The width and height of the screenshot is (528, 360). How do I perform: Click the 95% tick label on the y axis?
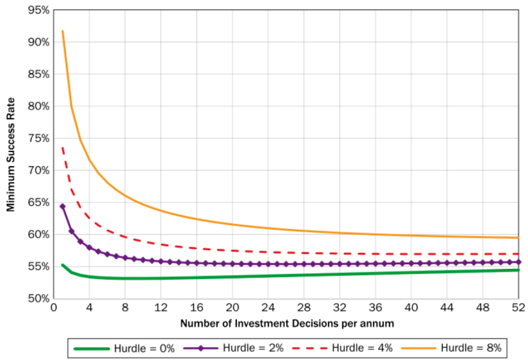(38, 10)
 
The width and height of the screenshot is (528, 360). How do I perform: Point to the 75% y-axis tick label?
(38, 139)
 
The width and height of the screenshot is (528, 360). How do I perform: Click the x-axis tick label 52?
(518, 309)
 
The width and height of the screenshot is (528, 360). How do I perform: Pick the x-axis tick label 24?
(268, 309)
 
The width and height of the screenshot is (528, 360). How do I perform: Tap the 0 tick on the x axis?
(53, 309)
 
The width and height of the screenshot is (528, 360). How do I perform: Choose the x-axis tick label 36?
(375, 309)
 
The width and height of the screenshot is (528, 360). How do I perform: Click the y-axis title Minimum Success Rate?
(10, 155)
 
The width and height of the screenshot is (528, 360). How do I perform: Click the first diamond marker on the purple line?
(63, 207)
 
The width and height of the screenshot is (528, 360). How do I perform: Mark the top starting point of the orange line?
(63, 31)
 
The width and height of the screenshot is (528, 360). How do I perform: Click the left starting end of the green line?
(63, 265)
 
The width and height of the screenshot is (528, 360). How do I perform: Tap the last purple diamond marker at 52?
(518, 262)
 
